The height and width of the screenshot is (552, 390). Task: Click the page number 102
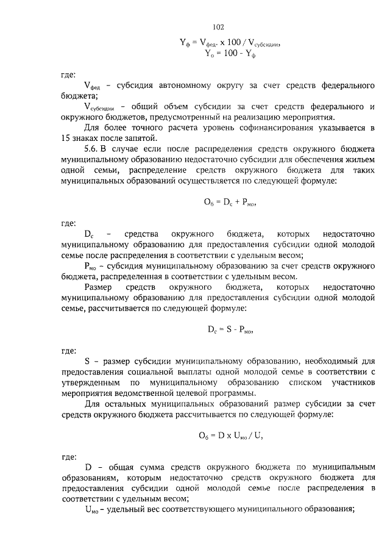pyautogui.click(x=219, y=27)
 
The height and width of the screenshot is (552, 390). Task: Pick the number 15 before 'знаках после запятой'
pyautogui.click(x=66, y=138)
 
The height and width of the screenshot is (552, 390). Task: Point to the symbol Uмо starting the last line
pyautogui.click(x=91, y=509)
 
